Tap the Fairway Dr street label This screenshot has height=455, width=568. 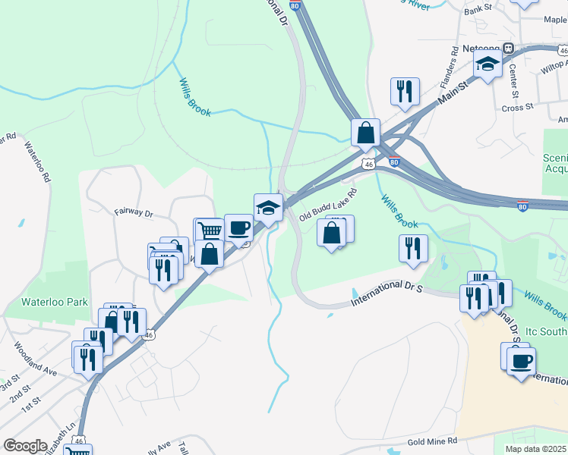point(134,214)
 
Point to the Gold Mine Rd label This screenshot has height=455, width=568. point(431,441)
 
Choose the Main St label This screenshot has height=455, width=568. point(454,96)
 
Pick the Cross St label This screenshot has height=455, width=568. point(518,108)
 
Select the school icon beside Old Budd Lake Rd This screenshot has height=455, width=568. point(268,207)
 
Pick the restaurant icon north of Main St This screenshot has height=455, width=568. point(405,91)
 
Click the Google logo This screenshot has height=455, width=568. point(25,446)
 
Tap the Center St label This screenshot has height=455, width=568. point(513,80)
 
